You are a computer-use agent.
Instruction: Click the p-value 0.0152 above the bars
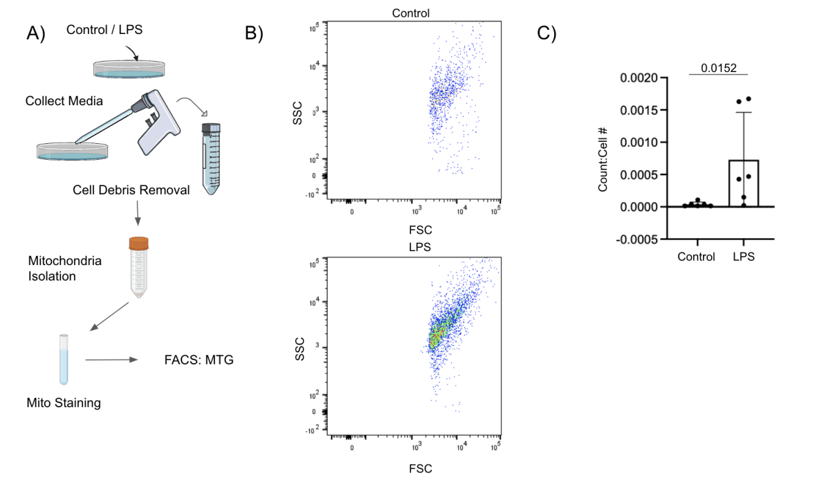point(718,68)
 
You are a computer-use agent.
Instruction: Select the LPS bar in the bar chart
point(743,183)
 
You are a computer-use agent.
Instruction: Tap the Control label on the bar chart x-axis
point(696,257)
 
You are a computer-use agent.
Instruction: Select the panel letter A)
point(35,33)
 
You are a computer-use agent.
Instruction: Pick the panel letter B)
point(255,33)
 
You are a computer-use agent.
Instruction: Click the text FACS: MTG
point(196,360)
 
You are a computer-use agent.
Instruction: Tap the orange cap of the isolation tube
point(138,244)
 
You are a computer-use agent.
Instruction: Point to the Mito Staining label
point(64,403)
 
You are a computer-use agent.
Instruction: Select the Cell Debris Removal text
point(131,190)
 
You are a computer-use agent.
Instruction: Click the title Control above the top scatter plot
point(410,13)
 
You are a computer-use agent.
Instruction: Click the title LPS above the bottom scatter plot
point(414,247)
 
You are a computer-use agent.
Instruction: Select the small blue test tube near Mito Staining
point(64,358)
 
